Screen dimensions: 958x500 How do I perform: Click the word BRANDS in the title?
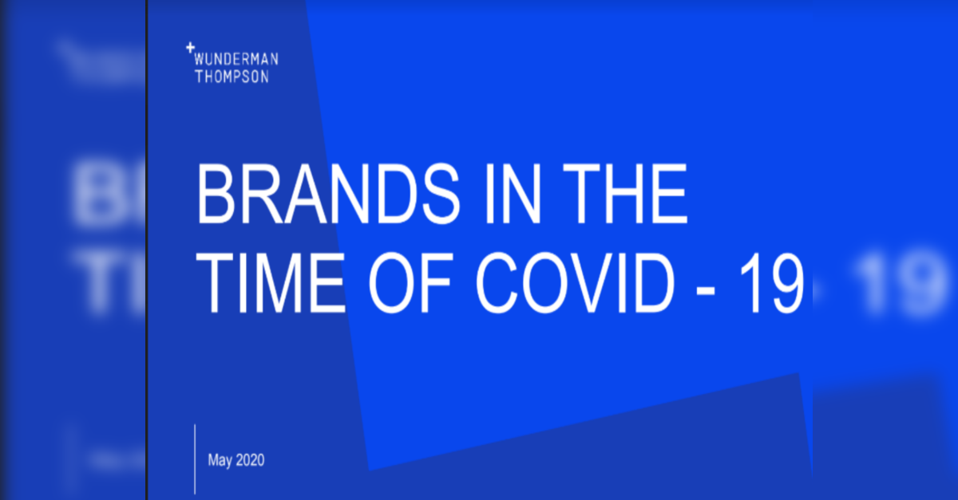[x=328, y=193]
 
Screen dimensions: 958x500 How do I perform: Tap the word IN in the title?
[x=513, y=194]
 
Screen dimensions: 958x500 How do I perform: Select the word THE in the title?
[x=625, y=194]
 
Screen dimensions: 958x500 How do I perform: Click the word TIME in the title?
[x=270, y=283]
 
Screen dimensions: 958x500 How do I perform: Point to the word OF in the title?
[x=410, y=283]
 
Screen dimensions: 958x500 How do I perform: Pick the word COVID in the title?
[x=575, y=283]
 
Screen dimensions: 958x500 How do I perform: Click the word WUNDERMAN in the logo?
[x=236, y=59]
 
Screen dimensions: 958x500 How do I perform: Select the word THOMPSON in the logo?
[x=232, y=77]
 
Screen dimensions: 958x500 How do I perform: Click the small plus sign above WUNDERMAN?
[x=190, y=47]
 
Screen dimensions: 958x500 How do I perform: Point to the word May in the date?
[x=220, y=460]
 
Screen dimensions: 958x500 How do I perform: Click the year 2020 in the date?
[x=250, y=460]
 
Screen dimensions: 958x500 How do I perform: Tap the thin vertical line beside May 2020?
[x=195, y=459]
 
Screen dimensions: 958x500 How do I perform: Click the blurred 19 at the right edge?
[x=898, y=284]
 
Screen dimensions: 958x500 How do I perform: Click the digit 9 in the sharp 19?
[x=785, y=283]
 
